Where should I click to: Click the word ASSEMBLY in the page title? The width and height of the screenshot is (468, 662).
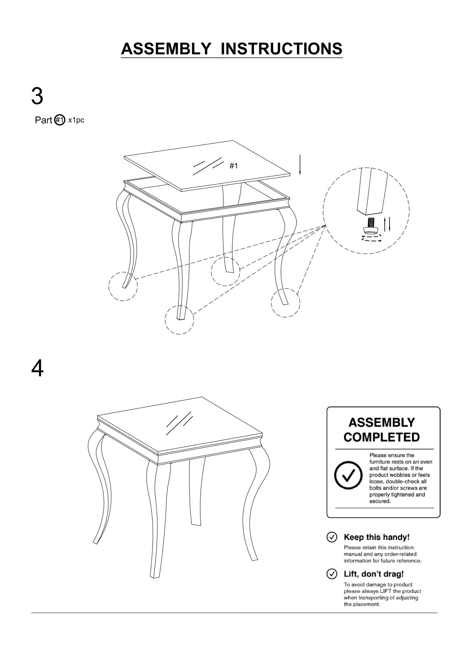click(x=166, y=49)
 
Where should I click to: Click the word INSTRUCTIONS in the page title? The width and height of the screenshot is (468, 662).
click(x=281, y=49)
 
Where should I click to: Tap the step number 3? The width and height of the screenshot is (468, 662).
click(x=37, y=96)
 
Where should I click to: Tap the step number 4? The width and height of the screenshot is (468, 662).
click(x=37, y=369)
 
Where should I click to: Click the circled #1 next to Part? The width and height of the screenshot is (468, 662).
click(x=60, y=120)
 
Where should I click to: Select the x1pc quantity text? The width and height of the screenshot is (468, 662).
click(x=76, y=120)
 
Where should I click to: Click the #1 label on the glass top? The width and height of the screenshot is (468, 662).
click(x=234, y=166)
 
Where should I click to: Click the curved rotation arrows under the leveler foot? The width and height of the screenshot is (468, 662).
click(x=371, y=238)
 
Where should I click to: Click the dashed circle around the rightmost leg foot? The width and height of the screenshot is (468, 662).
click(x=286, y=303)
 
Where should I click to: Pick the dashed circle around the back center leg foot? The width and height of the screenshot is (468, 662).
click(x=225, y=272)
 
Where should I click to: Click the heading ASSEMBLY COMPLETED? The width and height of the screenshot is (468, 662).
click(x=382, y=430)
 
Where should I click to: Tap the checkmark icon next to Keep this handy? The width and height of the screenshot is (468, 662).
click(x=331, y=537)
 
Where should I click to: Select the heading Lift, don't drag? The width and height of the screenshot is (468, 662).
click(x=374, y=574)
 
